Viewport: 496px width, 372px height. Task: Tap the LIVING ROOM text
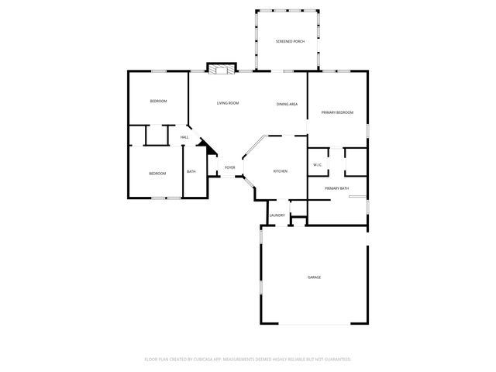[x=227, y=103]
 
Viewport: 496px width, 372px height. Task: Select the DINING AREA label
[x=288, y=104]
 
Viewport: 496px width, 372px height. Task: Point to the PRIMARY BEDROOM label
[x=337, y=113]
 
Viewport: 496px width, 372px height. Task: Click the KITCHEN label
[x=280, y=171]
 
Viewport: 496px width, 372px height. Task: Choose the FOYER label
[x=230, y=167]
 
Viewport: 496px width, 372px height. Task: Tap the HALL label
[x=184, y=138]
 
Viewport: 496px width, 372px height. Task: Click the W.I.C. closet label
[x=318, y=165]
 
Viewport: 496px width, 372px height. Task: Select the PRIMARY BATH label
[x=336, y=188]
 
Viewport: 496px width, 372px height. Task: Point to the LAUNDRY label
[x=277, y=215]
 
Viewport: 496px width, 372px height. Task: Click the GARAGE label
[x=314, y=277]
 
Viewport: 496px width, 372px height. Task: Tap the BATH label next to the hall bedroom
[x=191, y=172]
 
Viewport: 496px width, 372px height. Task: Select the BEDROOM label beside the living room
[x=157, y=102]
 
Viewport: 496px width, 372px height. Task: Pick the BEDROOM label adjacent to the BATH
[x=157, y=174]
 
